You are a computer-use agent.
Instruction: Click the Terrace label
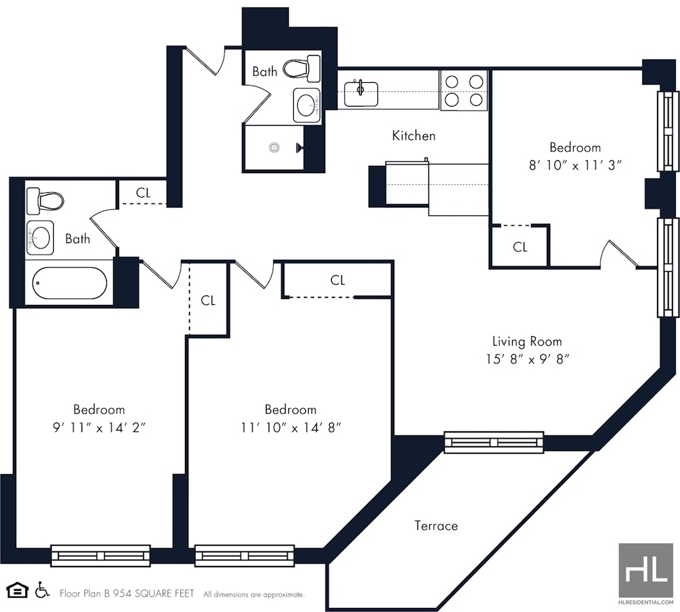[x=436, y=525]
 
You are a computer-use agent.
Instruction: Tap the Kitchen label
[x=413, y=136]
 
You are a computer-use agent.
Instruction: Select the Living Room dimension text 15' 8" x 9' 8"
[x=527, y=359]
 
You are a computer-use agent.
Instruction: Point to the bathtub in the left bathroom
[x=70, y=283]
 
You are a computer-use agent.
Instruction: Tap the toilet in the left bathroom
[x=45, y=201]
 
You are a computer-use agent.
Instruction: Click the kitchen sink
[x=361, y=94]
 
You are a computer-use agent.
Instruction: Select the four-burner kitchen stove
[x=464, y=90]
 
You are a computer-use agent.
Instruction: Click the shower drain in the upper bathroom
[x=274, y=147]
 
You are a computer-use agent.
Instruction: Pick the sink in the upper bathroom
[x=307, y=105]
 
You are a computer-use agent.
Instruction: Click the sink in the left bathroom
[x=40, y=237]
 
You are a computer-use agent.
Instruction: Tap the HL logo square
[x=646, y=570]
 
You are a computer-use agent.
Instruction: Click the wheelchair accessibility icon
[x=42, y=590]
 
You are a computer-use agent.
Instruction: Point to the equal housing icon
[x=18, y=590]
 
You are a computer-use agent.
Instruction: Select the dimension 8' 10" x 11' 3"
[x=575, y=165]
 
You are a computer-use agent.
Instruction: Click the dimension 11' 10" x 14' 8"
[x=290, y=428]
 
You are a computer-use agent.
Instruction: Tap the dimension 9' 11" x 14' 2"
[x=99, y=428]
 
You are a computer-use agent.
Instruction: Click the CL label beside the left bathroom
[x=143, y=193]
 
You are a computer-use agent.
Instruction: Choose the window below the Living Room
[x=494, y=443]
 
